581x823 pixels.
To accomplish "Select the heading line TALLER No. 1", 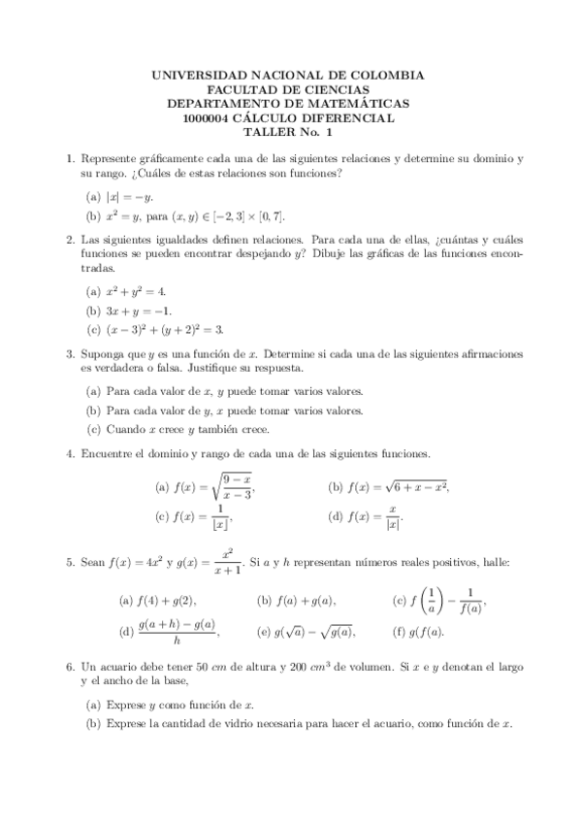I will [x=289, y=133].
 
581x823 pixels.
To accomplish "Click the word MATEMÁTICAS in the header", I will [x=356, y=104].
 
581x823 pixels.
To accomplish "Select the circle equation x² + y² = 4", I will [x=135, y=291].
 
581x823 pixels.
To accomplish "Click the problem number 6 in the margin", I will [x=69, y=668].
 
